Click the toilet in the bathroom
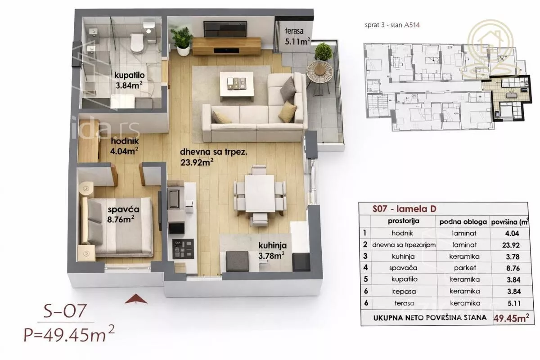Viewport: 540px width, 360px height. (x=137, y=43)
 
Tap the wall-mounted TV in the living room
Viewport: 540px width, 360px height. (x=225, y=29)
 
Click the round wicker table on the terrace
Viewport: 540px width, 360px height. (x=319, y=72)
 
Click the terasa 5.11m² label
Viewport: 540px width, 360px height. (x=297, y=36)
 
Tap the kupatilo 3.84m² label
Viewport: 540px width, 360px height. (x=130, y=80)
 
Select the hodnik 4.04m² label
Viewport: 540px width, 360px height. (x=124, y=146)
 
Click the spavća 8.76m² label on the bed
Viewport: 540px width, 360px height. (x=123, y=214)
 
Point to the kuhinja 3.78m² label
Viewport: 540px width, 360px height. (x=272, y=251)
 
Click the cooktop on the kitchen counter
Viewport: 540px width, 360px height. (x=183, y=249)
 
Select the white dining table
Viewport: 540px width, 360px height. (x=260, y=193)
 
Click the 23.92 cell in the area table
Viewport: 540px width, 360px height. (x=511, y=245)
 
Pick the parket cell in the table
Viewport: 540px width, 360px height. (x=464, y=268)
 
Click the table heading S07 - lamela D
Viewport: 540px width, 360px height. (x=404, y=209)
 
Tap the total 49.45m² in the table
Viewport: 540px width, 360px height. (x=511, y=318)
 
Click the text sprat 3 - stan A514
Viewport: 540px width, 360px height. (x=392, y=25)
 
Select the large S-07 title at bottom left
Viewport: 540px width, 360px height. (x=65, y=311)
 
